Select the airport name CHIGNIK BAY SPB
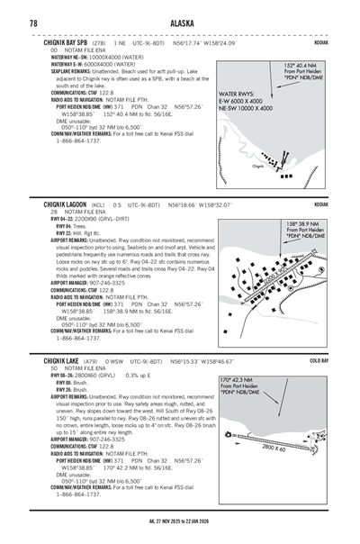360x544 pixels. point(66,42)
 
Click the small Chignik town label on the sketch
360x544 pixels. point(233,167)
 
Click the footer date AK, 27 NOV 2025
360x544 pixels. point(180,534)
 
